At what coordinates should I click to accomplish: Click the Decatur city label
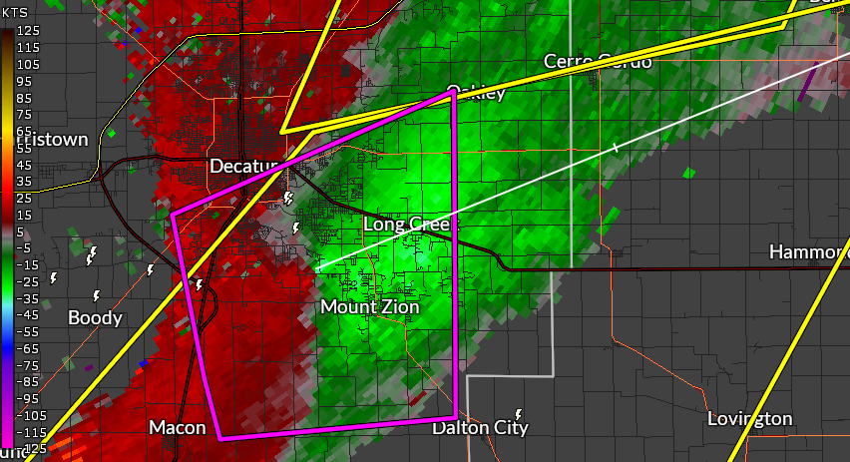click(242, 165)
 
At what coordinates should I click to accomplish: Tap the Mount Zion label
click(369, 307)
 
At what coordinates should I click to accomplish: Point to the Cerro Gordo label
click(598, 62)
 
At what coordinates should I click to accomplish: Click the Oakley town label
click(476, 93)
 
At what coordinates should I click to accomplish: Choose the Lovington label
click(749, 418)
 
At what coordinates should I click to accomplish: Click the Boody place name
click(95, 318)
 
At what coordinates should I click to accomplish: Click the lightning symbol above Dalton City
click(519, 414)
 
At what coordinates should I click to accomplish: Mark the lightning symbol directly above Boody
click(97, 295)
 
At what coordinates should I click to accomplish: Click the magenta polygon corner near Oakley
click(452, 92)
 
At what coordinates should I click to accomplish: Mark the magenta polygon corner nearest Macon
click(219, 437)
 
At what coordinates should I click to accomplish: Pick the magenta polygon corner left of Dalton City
click(456, 416)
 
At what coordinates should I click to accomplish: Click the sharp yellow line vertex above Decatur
click(283, 131)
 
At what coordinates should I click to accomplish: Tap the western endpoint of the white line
click(317, 268)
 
